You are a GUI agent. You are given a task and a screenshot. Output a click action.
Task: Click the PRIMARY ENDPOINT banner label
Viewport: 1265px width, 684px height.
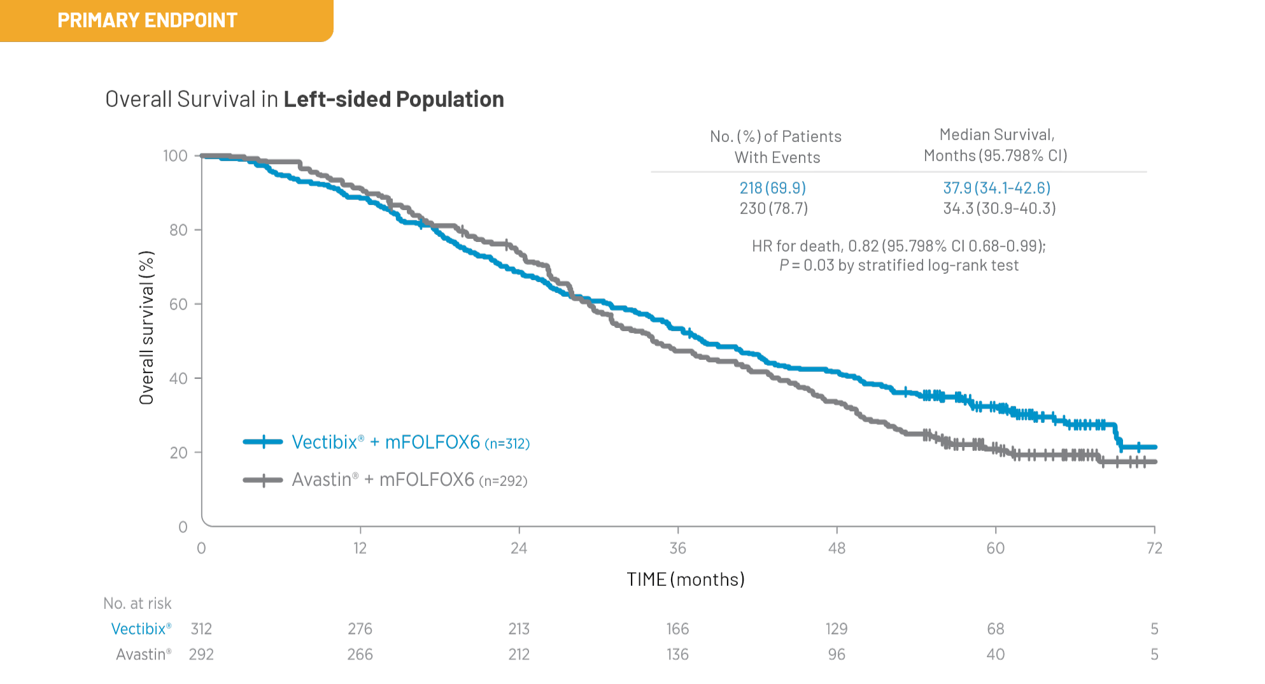[147, 20]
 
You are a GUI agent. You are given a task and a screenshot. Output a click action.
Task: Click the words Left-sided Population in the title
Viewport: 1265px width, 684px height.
[393, 99]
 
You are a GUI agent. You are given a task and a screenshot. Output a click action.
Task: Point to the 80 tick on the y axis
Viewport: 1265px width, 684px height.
[178, 230]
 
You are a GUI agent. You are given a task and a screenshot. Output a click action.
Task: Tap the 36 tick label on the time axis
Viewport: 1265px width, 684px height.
[677, 548]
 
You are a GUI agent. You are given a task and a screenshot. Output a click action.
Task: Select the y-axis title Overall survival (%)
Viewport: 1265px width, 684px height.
[147, 327]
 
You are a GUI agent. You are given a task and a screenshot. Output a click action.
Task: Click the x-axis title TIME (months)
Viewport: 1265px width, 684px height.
[686, 580]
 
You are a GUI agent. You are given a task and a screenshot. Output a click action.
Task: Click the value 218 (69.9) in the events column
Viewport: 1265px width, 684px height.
[772, 188]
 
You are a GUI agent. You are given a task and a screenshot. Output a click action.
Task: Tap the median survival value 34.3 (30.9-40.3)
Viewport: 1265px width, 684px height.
[999, 208]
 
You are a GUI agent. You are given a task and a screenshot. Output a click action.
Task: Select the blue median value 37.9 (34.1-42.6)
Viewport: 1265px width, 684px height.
[996, 188]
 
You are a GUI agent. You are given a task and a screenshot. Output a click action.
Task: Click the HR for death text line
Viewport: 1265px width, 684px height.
[898, 245]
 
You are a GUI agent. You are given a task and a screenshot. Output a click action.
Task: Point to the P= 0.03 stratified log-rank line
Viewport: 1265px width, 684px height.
[898, 265]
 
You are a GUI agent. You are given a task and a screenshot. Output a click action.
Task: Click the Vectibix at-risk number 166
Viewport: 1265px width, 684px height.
[677, 629]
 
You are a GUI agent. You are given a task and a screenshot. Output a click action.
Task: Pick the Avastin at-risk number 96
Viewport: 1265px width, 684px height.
[836, 655]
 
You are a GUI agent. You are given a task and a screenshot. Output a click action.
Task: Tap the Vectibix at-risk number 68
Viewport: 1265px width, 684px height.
[995, 629]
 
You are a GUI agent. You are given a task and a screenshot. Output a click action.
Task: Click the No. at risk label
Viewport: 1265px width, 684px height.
[138, 603]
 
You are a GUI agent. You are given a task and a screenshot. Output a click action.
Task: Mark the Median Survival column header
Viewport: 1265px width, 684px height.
[996, 145]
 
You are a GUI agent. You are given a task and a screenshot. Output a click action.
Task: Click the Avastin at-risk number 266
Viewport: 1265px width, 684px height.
[360, 655]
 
